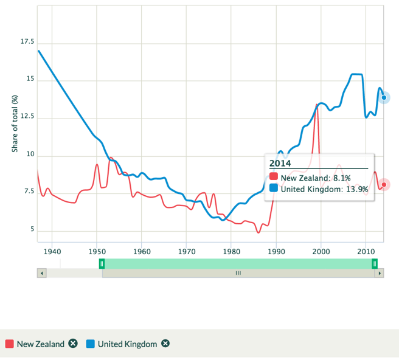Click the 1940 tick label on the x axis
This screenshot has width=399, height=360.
[x=52, y=251]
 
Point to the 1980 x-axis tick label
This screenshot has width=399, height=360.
[x=231, y=251]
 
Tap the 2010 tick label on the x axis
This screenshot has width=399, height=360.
[x=366, y=251]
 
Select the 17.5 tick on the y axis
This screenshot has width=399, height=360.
[x=27, y=42]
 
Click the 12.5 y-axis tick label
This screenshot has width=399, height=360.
[x=27, y=117]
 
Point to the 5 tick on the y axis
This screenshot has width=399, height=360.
[x=32, y=230]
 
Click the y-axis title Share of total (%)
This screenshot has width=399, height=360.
[x=15, y=123]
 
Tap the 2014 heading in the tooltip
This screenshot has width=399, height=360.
[x=280, y=163]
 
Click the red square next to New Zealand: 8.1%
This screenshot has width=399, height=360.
[x=274, y=178]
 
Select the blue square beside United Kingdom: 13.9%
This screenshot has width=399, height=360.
[x=274, y=189]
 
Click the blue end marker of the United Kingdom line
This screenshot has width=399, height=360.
[x=384, y=97]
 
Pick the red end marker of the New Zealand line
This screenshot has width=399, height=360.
[x=384, y=184]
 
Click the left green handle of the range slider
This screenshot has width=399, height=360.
[x=102, y=263]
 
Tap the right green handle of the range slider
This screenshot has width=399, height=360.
[x=375, y=263]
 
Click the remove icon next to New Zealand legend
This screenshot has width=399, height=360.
[x=73, y=344]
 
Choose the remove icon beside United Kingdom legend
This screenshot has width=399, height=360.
[x=165, y=344]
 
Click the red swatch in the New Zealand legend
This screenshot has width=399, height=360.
[x=10, y=344]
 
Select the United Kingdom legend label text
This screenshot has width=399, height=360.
[x=127, y=344]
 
